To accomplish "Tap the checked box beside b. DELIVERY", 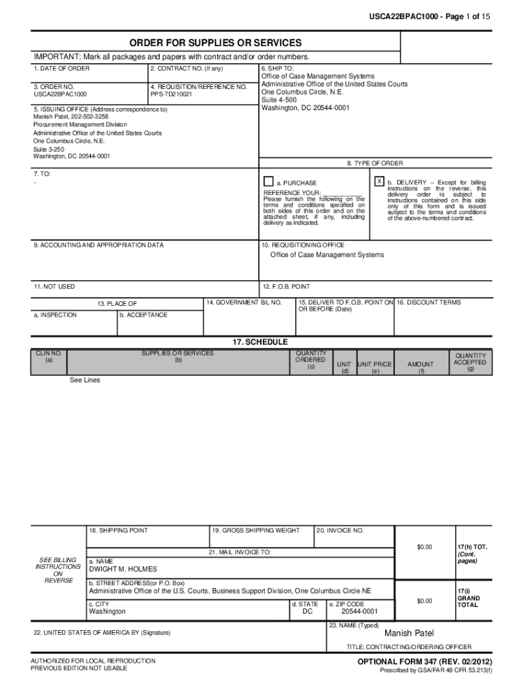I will pos(379,182).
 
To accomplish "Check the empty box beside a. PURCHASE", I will pos(268,182).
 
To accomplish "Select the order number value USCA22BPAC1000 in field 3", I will pos(60,94).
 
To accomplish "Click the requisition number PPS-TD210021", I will pos(171,94).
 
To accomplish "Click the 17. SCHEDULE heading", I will pos(260,342).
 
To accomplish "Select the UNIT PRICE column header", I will pos(375,365).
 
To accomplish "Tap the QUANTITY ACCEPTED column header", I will pos(470,362).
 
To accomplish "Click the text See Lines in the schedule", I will pos(85,380).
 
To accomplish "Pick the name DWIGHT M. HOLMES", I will pos(123,569).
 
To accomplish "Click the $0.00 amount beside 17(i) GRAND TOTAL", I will pos(425,601).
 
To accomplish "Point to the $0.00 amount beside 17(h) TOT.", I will pos(425,547).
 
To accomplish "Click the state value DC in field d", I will pos(307,611).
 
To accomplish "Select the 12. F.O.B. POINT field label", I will pos(286,287).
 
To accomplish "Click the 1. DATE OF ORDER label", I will pos(62,69).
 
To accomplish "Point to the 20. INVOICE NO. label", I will pos(340,530).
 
